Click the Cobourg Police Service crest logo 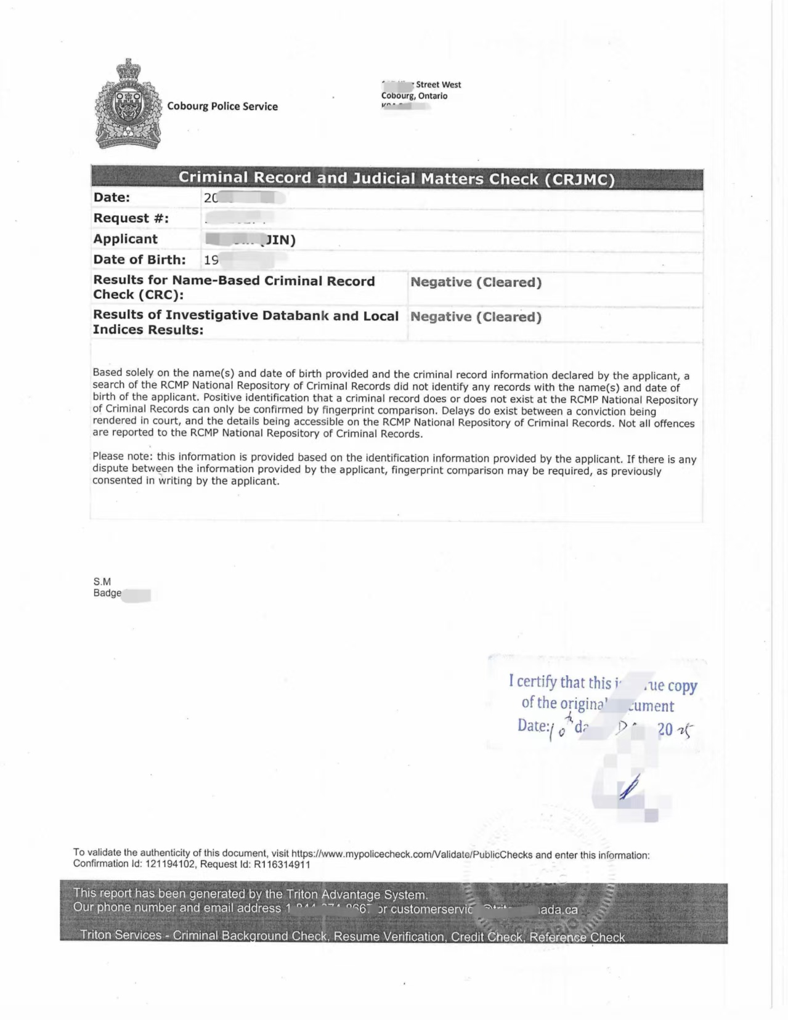click(x=128, y=105)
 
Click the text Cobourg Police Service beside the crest click(x=222, y=107)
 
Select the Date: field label click(x=112, y=198)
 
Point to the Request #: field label click(x=131, y=218)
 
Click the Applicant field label click(x=125, y=239)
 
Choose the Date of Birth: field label click(x=139, y=260)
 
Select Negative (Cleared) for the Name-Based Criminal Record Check click(x=476, y=282)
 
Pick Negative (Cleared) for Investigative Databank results click(x=476, y=317)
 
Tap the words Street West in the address click(x=438, y=84)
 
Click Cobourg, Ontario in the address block click(x=414, y=95)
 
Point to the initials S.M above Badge click(x=102, y=581)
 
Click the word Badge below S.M click(x=107, y=593)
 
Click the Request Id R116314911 click(x=282, y=864)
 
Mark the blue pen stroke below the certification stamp click(x=629, y=788)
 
